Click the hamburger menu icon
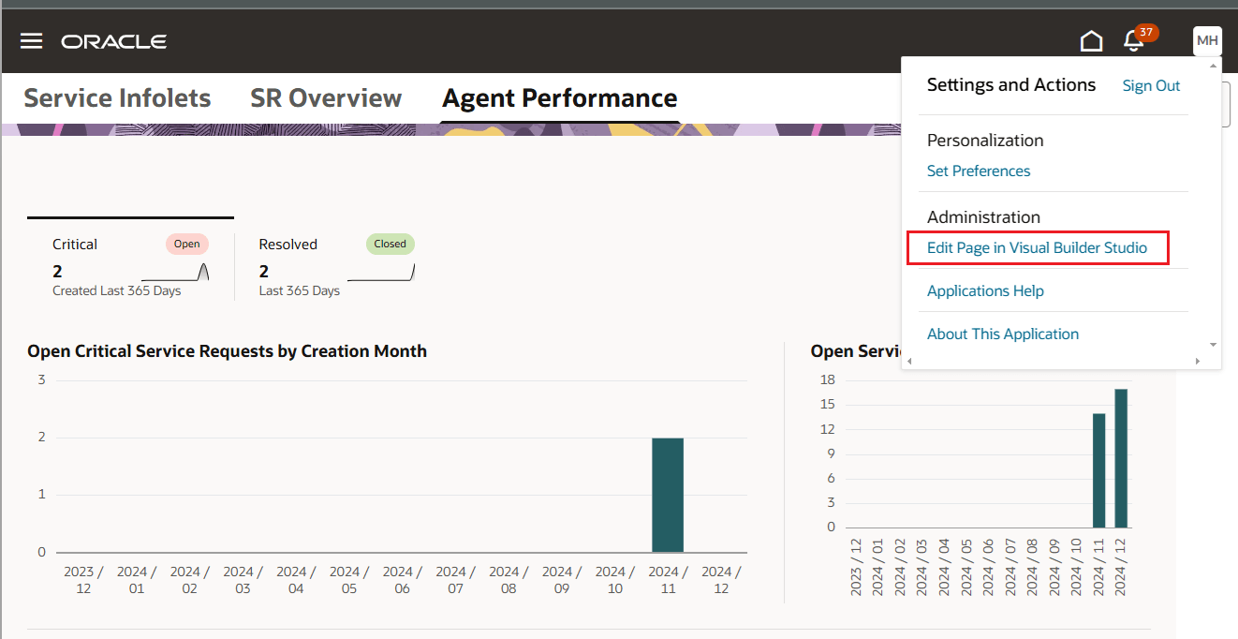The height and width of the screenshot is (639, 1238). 32,41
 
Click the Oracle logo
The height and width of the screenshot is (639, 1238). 114,41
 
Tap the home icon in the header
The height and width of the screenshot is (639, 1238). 1091,41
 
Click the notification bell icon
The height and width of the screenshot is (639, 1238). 1134,41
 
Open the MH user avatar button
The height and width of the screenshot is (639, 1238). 1207,41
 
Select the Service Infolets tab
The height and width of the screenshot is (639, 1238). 117,98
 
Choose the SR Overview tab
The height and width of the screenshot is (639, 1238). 326,98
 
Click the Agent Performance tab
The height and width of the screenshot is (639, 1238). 559,98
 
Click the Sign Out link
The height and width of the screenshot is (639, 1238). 1151,86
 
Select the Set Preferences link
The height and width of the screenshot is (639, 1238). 979,171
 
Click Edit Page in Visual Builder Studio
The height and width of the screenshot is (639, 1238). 1037,248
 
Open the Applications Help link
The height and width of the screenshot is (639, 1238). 985,290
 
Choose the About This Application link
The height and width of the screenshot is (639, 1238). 1003,334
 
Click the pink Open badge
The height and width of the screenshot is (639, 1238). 187,245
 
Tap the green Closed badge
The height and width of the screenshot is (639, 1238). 390,245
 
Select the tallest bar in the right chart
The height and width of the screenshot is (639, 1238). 1121,458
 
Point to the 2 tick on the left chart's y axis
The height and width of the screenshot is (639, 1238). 41,438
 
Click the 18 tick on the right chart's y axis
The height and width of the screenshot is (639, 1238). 827,379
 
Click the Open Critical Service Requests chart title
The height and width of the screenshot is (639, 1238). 228,351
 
